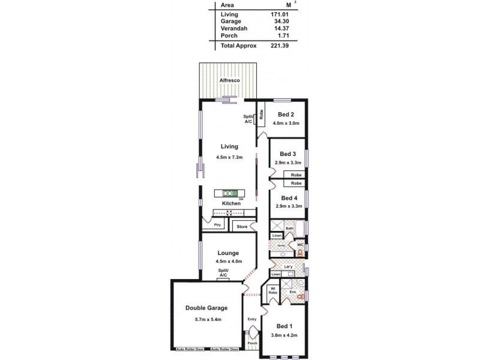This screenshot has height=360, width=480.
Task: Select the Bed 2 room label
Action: [286, 114]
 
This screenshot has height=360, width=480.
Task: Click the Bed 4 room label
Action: [287, 198]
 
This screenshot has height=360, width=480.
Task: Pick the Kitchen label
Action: [232, 203]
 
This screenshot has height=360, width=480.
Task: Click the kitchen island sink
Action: [229, 193]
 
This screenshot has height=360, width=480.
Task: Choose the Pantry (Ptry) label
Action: [217, 225]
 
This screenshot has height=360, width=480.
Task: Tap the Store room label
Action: [241, 226]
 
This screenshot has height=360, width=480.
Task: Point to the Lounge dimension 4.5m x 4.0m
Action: [229, 262]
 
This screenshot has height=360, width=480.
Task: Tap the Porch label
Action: [252, 343]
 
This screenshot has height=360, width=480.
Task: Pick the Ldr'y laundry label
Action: [288, 267]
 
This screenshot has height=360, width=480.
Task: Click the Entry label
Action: [253, 319]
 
